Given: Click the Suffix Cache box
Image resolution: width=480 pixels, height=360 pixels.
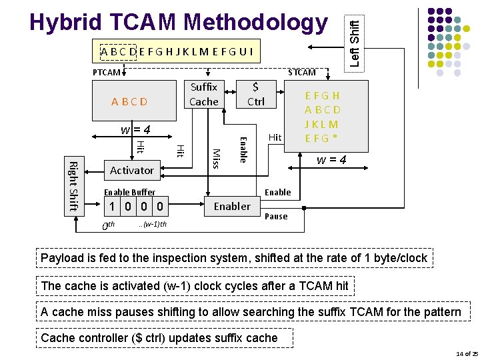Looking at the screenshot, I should (203, 94).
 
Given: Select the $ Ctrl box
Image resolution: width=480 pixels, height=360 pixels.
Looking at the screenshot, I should (256, 94).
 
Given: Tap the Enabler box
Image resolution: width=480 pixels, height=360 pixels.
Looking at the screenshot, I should (232, 206).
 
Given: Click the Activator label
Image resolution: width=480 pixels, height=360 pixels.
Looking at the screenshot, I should (132, 170).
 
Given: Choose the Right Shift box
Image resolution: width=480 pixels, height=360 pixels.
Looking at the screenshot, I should (73, 187).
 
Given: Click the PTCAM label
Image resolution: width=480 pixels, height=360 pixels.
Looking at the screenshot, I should (106, 72).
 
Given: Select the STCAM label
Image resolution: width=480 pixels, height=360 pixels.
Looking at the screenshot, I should (301, 72).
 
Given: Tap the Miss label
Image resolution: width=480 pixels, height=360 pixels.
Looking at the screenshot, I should (215, 159).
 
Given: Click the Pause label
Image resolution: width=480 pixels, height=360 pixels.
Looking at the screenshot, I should (277, 216).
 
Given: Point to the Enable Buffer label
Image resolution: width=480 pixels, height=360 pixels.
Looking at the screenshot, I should (129, 192).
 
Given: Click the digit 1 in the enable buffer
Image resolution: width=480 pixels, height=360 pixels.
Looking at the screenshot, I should (115, 207).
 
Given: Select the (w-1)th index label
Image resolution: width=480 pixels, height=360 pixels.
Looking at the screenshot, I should (153, 224).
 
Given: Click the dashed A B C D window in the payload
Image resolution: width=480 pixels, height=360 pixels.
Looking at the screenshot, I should (119, 51).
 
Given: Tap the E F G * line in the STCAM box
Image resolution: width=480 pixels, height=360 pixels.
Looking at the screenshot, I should (321, 138).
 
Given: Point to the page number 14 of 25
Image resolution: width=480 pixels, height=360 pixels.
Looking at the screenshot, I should (465, 353).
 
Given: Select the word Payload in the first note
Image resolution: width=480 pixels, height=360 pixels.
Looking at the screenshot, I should (63, 257).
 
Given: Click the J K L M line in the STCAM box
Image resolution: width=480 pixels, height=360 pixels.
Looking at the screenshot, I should (321, 124).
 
